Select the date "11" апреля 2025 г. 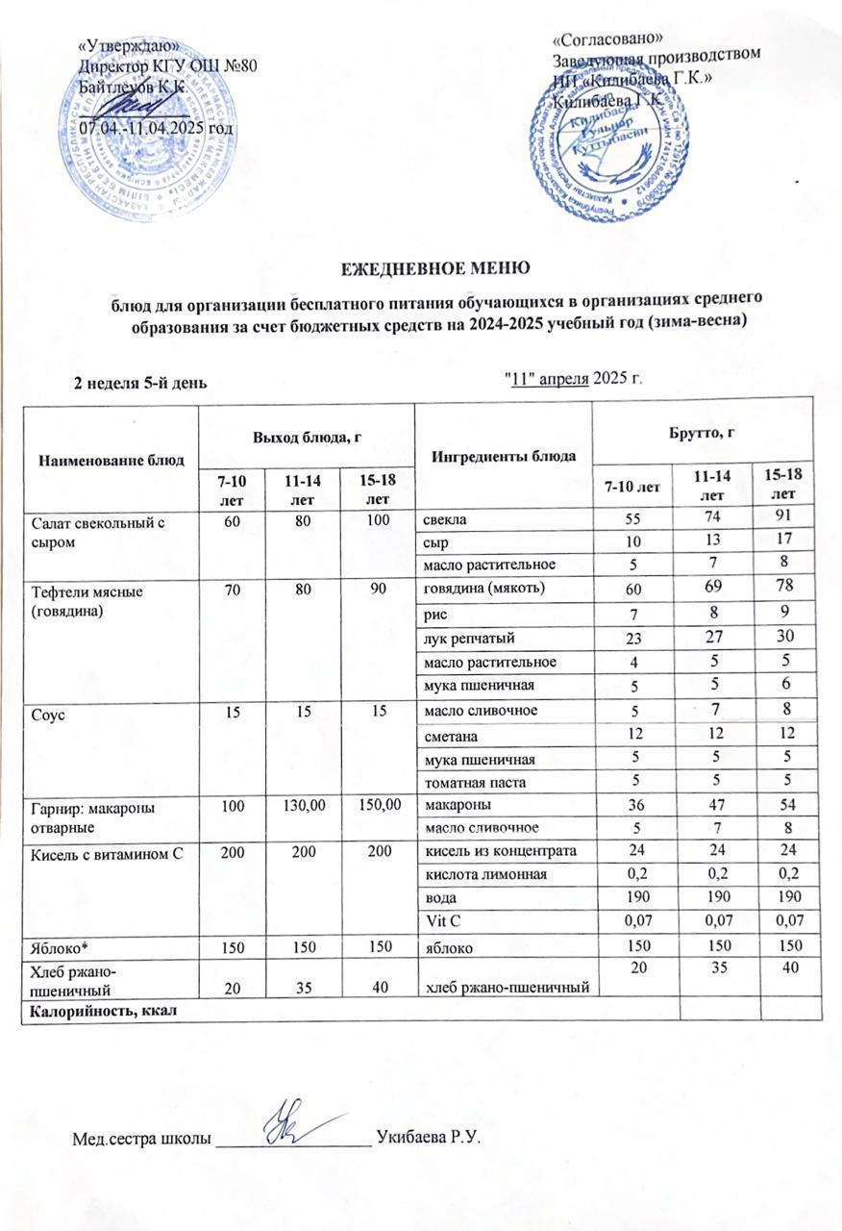[572, 375]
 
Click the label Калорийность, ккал [87, 1010]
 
